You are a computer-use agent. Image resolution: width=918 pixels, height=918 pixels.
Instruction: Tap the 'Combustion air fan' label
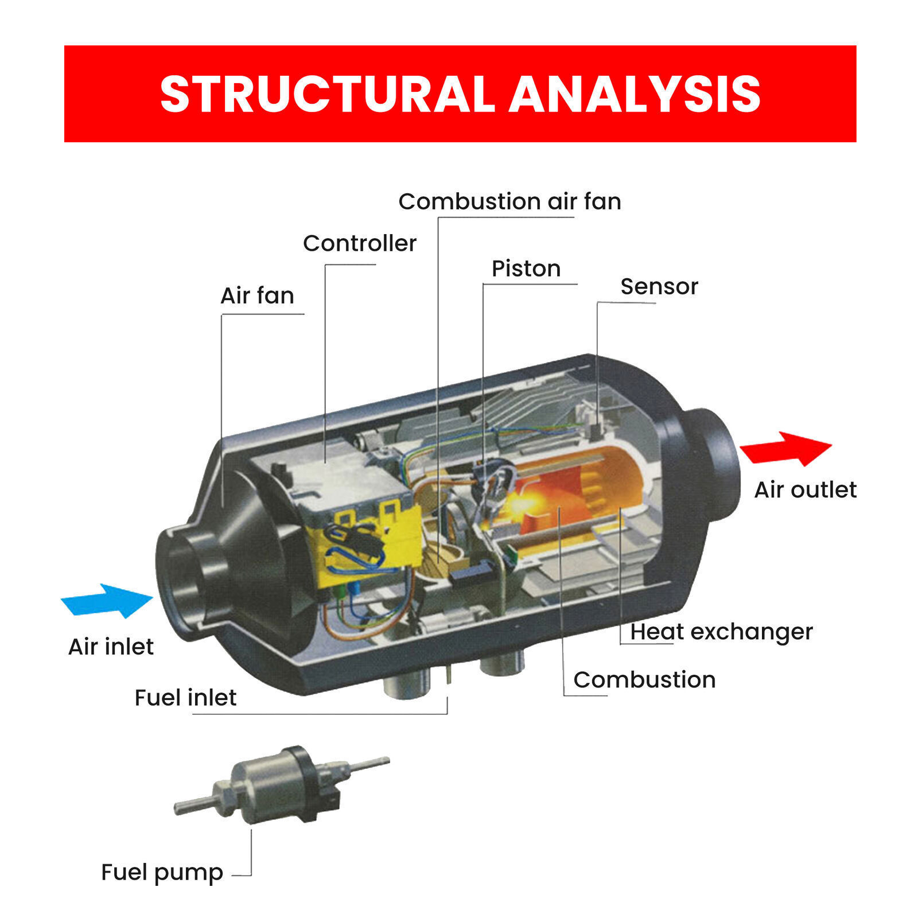click(x=509, y=201)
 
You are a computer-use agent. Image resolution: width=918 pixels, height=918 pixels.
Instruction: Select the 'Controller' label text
click(x=359, y=243)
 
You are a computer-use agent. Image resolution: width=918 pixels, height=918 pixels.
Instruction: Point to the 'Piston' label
click(x=526, y=269)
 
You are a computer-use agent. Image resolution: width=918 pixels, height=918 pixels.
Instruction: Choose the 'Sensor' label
click(x=659, y=286)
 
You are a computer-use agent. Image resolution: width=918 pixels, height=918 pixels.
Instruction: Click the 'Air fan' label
click(x=257, y=295)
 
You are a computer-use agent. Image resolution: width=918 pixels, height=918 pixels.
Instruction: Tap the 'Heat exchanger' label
click(x=721, y=632)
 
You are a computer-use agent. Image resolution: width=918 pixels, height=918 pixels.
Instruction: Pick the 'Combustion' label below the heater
click(x=644, y=680)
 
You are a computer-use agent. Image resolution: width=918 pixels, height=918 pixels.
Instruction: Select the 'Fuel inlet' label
click(x=185, y=698)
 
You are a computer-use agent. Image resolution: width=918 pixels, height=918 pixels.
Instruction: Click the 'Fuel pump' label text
click(x=162, y=872)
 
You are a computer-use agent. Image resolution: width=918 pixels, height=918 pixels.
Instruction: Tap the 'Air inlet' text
click(x=111, y=647)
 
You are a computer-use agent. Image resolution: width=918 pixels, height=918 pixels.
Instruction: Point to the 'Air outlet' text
click(x=805, y=489)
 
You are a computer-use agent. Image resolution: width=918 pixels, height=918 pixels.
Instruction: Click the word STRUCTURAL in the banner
click(x=327, y=94)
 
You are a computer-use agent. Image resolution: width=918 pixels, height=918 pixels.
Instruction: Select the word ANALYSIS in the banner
click(x=634, y=94)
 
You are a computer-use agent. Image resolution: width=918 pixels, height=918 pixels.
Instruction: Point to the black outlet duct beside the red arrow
click(x=714, y=459)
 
